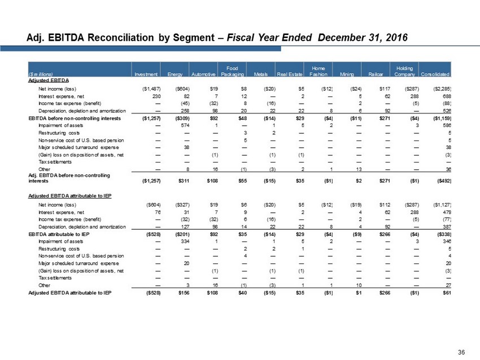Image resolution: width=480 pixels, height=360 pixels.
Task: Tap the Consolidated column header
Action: (x=436, y=74)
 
